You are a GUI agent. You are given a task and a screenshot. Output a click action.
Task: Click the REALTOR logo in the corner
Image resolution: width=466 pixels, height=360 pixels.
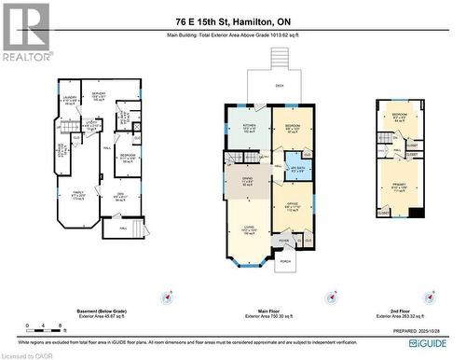25,32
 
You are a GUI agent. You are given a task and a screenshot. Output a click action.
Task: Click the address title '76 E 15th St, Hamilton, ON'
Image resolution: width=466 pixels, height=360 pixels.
233,21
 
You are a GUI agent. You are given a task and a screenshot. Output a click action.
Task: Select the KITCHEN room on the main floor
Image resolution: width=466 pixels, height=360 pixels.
249,129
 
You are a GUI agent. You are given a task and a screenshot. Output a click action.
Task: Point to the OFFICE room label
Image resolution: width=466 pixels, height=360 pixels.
292,207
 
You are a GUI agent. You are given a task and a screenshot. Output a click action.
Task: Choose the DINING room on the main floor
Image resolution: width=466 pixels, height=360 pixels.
247,183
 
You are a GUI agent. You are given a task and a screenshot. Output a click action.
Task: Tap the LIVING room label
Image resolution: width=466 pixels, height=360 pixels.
248,229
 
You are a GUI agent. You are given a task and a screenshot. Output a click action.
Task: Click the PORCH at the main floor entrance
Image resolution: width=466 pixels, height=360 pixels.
284,261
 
